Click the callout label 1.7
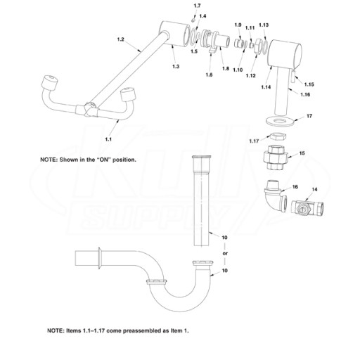[197, 6]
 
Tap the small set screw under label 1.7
[193, 20]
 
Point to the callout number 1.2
[120, 39]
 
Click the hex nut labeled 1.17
[277, 136]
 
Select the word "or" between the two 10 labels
[225, 253]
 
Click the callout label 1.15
[309, 84]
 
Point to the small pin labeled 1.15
[293, 77]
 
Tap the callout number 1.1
[108, 139]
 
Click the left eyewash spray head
[50, 83]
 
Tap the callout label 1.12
[250, 75]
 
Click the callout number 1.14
[266, 87]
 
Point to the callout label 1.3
[176, 66]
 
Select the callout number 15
[302, 153]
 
